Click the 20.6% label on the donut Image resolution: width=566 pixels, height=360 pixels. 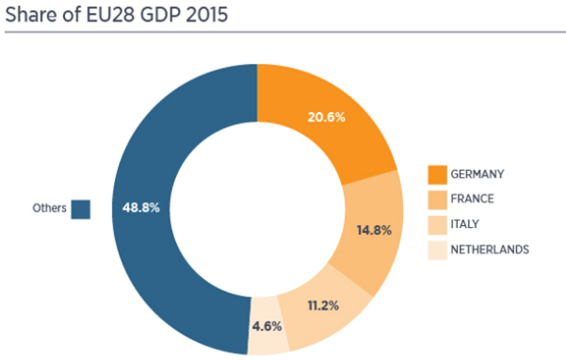tap(326, 118)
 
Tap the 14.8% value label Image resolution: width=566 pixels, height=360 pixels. tap(374, 230)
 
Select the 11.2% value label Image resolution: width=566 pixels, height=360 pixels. tap(323, 306)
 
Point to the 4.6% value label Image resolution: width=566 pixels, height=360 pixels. tap(267, 326)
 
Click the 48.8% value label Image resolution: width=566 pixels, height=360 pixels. tap(140, 207)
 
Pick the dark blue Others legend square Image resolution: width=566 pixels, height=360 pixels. tap(80, 209)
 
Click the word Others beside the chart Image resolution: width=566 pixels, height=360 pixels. tap(50, 208)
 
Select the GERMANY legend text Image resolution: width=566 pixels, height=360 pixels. tap(477, 174)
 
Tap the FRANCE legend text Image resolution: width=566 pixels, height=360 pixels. tap(472, 199)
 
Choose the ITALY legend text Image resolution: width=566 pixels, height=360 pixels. tap(464, 224)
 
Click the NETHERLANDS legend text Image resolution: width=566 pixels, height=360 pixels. tap(490, 250)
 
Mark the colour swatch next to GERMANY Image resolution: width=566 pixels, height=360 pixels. tap(438, 174)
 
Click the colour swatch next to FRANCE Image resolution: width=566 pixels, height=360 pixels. tap(438, 200)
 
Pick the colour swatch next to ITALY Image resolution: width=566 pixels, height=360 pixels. tap(438, 225)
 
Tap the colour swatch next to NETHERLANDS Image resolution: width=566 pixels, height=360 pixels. tap(438, 251)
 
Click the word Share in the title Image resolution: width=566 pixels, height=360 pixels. tap(30, 15)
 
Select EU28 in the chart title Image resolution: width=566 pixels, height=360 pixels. tap(112, 15)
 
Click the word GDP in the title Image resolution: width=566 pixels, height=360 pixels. tap(162, 15)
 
